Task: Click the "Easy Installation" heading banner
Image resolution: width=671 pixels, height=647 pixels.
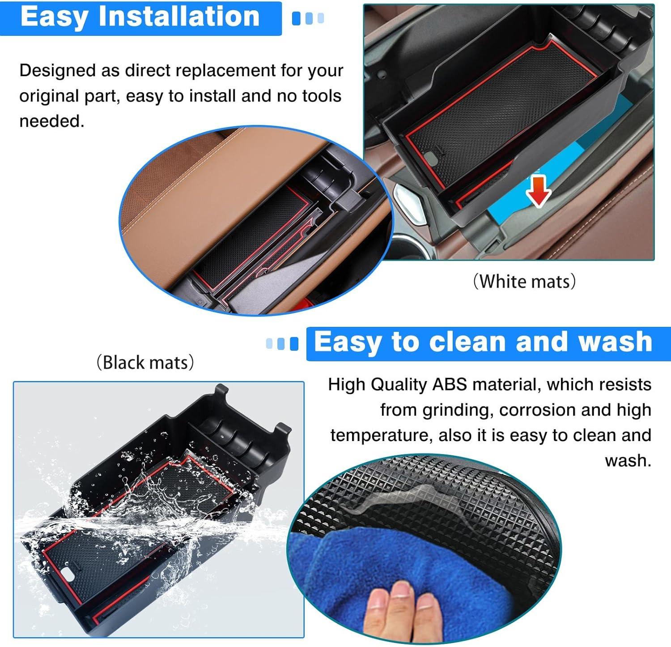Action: coord(141,18)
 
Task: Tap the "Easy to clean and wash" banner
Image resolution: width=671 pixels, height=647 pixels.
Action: coord(488,343)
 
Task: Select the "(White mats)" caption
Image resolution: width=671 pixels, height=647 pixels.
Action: coord(525,282)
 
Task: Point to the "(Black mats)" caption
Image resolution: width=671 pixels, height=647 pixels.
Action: coord(145,362)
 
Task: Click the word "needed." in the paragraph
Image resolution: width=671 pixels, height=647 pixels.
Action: coord(52,121)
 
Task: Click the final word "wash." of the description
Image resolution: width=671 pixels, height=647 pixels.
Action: coord(628,461)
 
